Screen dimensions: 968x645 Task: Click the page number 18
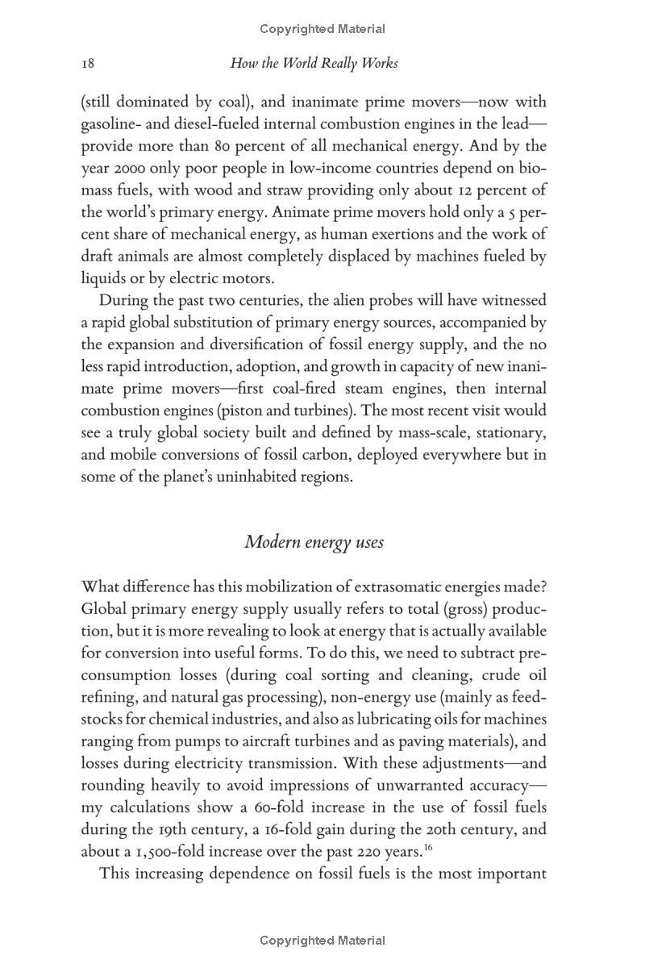tap(89, 63)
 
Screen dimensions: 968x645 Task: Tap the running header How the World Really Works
tap(314, 63)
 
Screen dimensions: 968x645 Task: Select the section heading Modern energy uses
tap(314, 541)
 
